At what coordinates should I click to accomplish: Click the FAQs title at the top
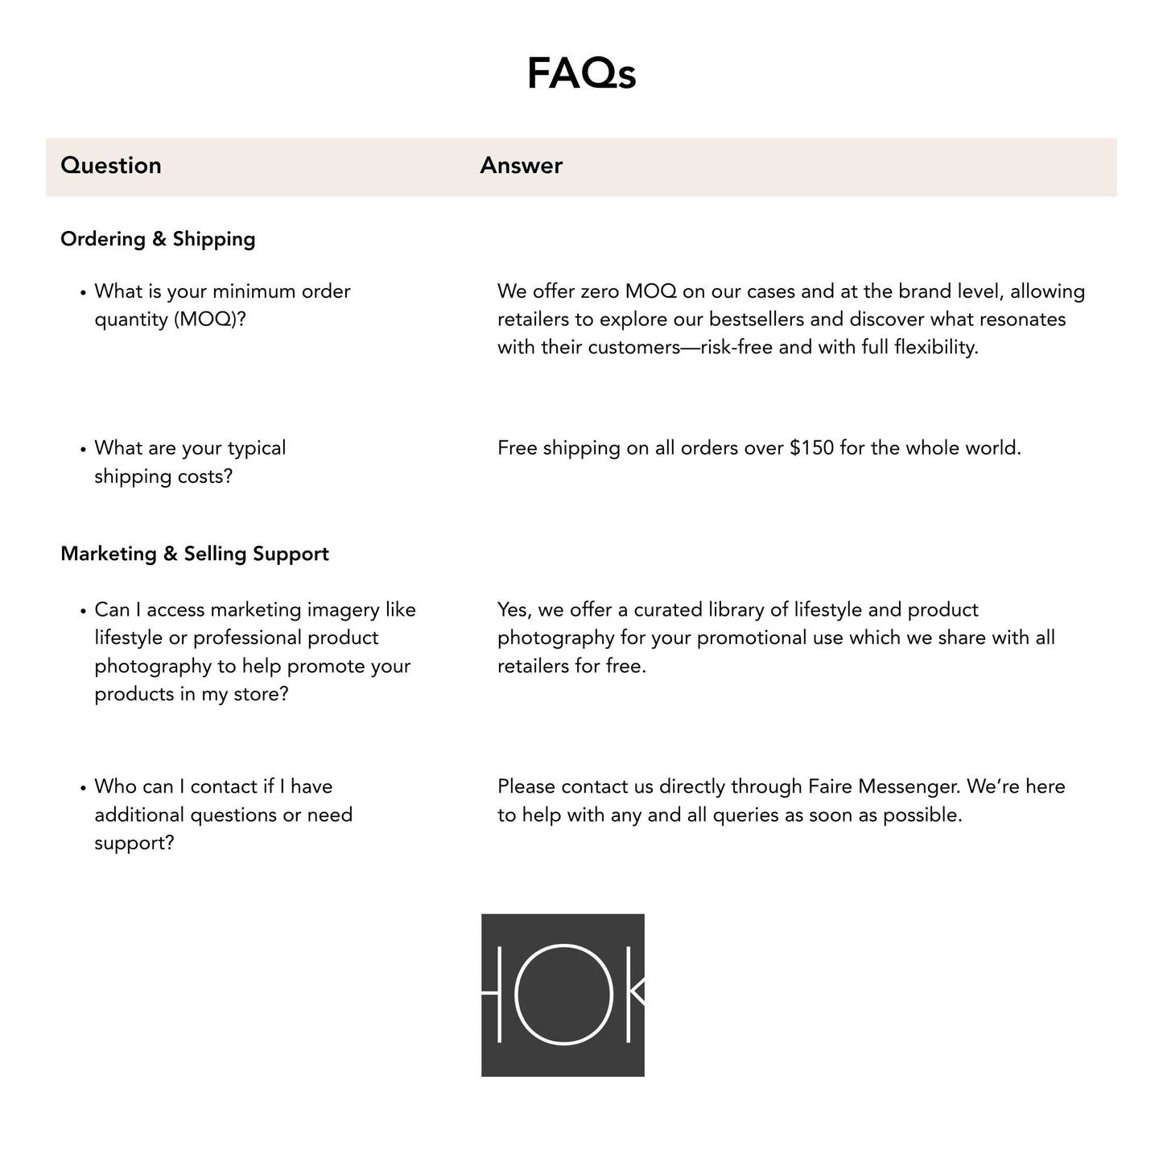click(x=581, y=73)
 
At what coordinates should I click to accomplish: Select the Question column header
click(x=111, y=166)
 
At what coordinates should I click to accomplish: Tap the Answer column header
click(x=521, y=166)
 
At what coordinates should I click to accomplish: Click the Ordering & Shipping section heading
click(x=158, y=239)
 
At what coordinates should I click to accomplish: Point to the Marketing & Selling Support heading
click(x=195, y=554)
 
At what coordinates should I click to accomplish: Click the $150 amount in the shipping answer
click(x=811, y=448)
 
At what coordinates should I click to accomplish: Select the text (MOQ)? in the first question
click(x=209, y=320)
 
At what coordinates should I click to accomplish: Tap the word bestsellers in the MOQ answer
click(x=757, y=320)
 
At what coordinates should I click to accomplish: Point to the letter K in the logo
click(x=635, y=995)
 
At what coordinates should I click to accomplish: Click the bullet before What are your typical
click(x=83, y=449)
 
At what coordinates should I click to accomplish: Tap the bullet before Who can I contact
click(x=83, y=788)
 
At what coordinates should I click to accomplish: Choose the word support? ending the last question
click(x=134, y=843)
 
